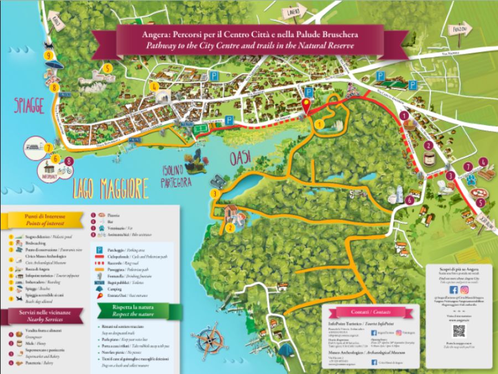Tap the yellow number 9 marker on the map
[x=49, y=55]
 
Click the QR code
[x=459, y=331]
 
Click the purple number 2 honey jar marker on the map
[x=428, y=146]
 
